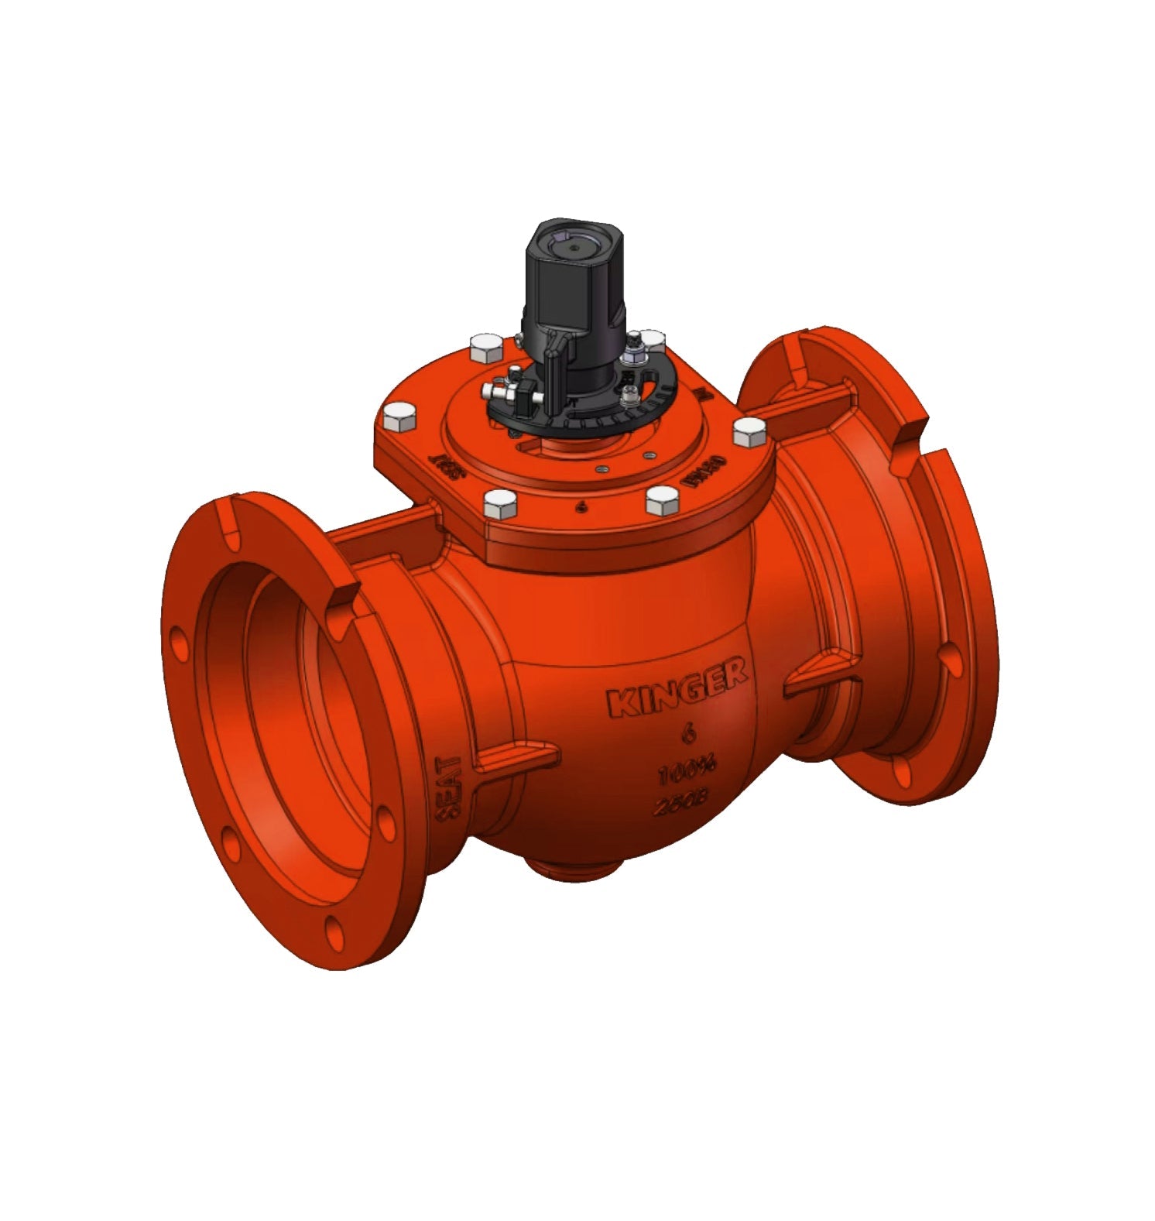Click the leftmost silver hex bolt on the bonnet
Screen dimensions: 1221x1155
[x=398, y=418]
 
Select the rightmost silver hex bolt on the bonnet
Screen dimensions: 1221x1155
[x=749, y=431]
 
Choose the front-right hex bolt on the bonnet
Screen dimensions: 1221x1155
[x=663, y=501]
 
